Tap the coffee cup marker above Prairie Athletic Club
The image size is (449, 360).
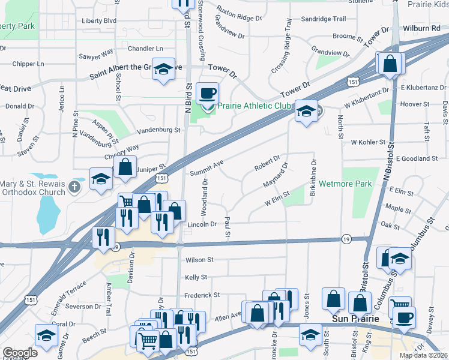point(208,94)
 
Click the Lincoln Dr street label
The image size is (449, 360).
point(202,224)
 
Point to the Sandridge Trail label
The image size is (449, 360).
point(324,19)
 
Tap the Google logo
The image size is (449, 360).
point(20,353)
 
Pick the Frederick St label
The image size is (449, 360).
point(202,295)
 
